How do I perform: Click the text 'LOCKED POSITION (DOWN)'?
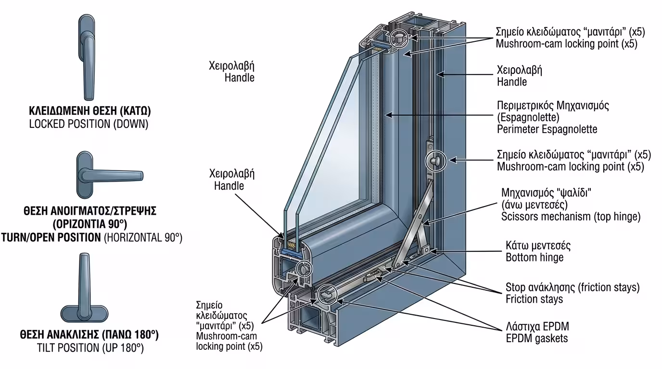[x=89, y=124]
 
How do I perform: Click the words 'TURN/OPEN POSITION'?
[x=51, y=237]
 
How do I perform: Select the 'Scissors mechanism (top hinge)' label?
[x=571, y=217]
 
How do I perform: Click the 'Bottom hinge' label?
[x=534, y=257]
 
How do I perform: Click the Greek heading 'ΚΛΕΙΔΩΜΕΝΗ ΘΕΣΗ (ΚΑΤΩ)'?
[x=89, y=111]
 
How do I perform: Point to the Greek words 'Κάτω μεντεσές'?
[x=538, y=246]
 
